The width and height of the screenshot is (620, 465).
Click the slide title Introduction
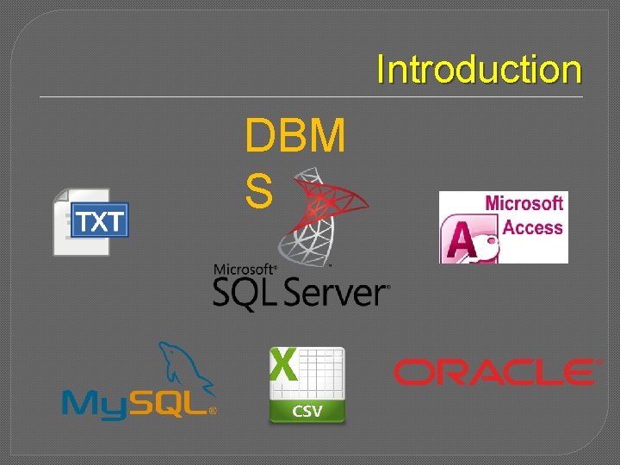[x=479, y=70]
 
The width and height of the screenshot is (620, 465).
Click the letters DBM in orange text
[x=295, y=136]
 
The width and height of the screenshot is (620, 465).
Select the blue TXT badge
[x=100, y=222]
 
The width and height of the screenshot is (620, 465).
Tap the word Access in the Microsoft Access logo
[x=532, y=228]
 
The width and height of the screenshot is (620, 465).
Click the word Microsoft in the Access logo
[x=524, y=204]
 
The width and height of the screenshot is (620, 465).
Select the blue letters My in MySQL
[x=94, y=404]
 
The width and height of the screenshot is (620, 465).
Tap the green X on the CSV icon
[x=284, y=366]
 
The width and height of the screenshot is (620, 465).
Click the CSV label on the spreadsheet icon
[x=307, y=411]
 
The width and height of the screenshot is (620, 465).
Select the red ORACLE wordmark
[x=495, y=372]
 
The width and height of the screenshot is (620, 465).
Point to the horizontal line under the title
[x=310, y=96]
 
